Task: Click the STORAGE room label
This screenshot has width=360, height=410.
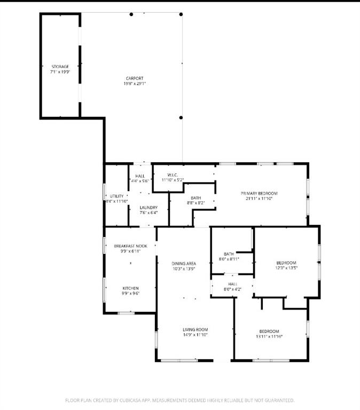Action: [x=60, y=66]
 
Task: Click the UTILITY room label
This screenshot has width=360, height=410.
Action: [x=116, y=196]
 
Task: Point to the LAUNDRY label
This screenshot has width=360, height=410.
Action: [x=148, y=208]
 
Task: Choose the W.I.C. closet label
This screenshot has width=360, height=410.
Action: [x=172, y=175]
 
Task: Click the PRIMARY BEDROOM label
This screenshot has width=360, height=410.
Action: [x=259, y=193]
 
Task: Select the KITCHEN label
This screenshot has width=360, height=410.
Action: [x=130, y=288]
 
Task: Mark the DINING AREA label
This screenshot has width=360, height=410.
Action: [x=184, y=264]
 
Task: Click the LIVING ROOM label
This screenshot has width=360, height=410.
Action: [x=195, y=330]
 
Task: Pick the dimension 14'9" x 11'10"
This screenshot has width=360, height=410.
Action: [x=195, y=335]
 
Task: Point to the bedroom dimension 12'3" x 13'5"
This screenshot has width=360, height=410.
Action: [x=286, y=268]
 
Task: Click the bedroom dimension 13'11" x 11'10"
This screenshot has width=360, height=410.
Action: [x=269, y=337]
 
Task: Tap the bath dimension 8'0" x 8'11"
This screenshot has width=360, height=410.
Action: [x=229, y=259]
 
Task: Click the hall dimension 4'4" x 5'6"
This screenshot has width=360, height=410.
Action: [x=140, y=180]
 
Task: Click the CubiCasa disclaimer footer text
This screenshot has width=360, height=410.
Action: [x=179, y=400]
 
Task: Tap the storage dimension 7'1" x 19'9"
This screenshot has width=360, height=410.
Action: [x=60, y=71]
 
